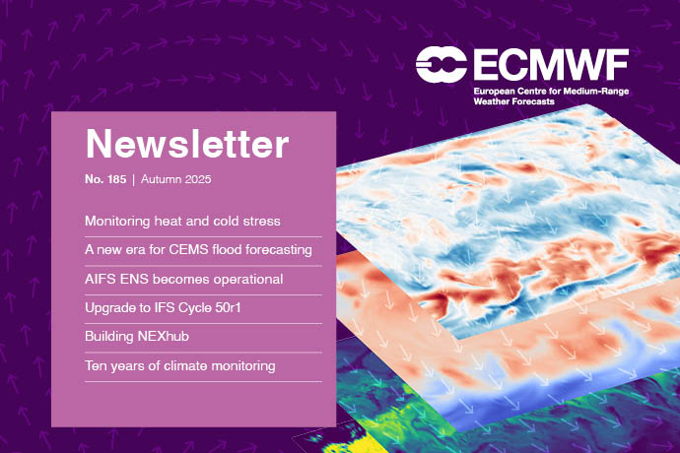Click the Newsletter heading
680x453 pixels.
(x=187, y=144)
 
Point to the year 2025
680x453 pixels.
(x=200, y=181)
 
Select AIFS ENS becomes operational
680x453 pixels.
(x=184, y=279)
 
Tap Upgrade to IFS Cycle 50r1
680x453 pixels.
(x=177, y=308)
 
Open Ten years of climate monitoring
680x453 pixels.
(x=180, y=366)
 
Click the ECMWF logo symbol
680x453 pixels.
(x=442, y=64)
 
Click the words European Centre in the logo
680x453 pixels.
(x=507, y=90)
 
